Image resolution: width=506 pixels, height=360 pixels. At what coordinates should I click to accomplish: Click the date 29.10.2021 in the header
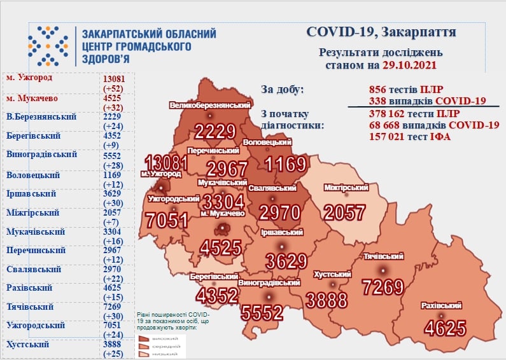click(x=409, y=66)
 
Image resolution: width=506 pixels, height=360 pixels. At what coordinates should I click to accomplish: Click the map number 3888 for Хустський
click(x=327, y=299)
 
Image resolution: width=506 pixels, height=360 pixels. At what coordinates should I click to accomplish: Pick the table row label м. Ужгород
click(x=29, y=78)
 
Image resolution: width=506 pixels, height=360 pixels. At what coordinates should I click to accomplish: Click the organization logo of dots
click(x=48, y=46)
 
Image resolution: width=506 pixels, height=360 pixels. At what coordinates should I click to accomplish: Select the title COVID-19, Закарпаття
click(x=381, y=32)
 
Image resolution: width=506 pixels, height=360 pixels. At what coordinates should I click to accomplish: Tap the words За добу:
click(x=283, y=89)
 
